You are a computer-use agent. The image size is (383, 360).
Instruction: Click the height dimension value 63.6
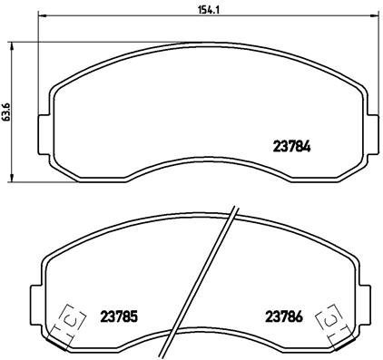[6, 110]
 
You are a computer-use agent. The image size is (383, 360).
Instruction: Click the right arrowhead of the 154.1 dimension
[370, 16]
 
